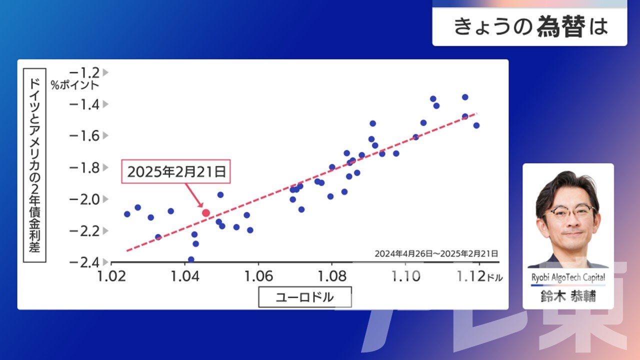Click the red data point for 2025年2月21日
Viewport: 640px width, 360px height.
coord(205,213)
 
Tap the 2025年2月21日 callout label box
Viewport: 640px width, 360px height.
coord(176,171)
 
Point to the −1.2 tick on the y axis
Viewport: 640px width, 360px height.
coord(84,72)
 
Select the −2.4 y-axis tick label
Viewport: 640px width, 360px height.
coord(84,262)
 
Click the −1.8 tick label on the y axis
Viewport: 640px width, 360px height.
coord(84,167)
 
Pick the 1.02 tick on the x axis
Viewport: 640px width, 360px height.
coord(111,276)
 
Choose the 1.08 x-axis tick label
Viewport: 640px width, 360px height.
coord(332,276)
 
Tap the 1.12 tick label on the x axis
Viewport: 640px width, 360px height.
coord(471,276)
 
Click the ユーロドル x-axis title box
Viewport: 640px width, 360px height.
coord(305,297)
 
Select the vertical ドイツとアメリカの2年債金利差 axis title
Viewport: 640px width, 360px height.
coord(34,165)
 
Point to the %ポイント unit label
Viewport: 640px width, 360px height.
coord(75,85)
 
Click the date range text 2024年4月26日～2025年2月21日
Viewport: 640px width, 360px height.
coord(436,253)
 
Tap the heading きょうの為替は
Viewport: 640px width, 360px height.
coord(530,26)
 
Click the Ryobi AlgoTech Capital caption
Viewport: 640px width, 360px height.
coord(568,277)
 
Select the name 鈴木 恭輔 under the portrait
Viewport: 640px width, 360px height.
coord(568,296)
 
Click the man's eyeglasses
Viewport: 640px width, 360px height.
coord(568,211)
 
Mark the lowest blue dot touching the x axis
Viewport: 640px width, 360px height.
coord(191,259)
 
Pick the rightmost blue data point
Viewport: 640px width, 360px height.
coord(476,125)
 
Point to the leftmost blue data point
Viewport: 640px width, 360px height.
coord(127,214)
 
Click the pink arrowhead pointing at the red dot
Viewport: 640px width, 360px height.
coord(201,204)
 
